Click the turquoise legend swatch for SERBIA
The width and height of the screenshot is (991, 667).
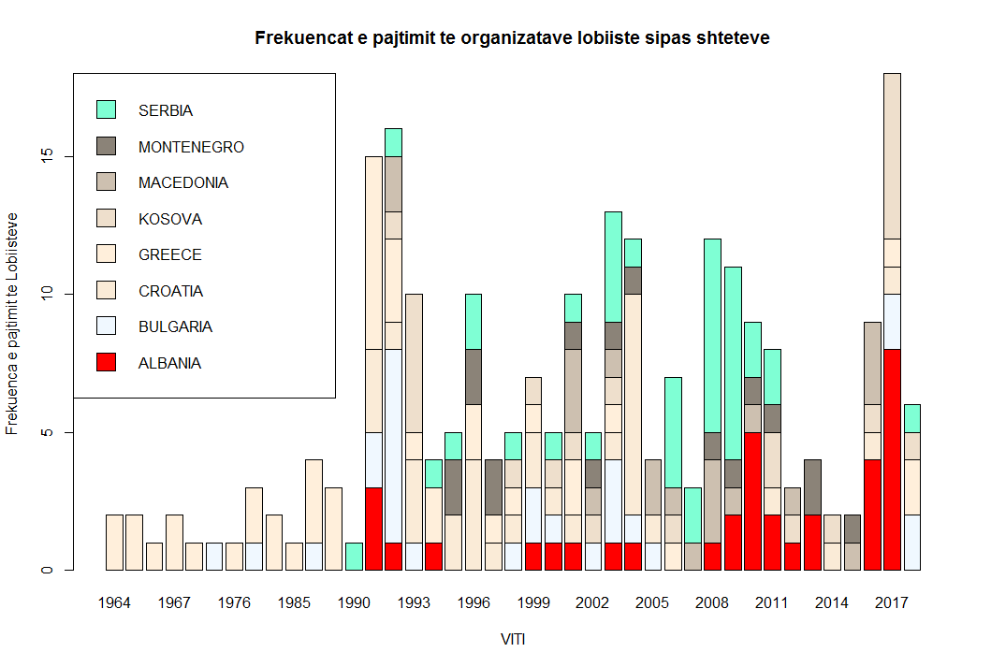106,109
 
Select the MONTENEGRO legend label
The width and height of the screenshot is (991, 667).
191,147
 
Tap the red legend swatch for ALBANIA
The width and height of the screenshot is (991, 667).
106,362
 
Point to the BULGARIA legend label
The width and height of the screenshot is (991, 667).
175,326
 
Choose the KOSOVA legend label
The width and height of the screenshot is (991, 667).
170,219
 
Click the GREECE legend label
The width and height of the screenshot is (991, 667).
169,254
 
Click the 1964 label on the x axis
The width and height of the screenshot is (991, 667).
114,602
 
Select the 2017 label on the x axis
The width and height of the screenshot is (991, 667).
892,602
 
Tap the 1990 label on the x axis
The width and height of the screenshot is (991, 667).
354,602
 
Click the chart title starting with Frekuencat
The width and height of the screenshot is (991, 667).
513,38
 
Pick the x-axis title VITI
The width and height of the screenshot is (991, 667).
513,640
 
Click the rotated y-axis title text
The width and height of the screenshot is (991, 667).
13,323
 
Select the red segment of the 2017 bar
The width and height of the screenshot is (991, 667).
892,459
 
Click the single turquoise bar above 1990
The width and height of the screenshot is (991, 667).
354,557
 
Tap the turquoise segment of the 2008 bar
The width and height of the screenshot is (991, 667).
713,336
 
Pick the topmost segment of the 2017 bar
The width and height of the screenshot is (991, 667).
892,155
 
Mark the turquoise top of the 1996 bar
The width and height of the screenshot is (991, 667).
474,322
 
